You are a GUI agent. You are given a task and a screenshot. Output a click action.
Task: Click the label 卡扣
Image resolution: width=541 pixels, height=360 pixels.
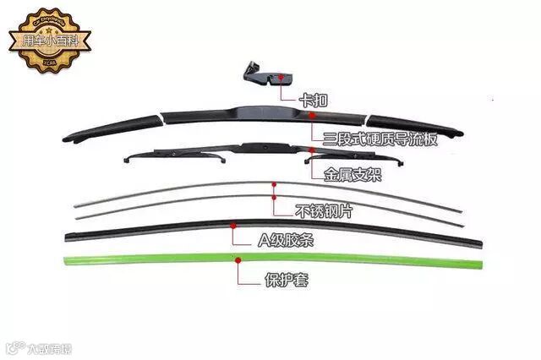314,100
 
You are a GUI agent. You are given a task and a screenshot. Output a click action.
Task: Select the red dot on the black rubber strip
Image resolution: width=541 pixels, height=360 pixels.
233,226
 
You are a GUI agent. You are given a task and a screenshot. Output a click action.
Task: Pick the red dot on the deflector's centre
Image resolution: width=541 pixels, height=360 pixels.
311,112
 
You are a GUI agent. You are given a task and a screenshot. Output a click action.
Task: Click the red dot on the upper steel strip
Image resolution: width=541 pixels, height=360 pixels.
274,183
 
